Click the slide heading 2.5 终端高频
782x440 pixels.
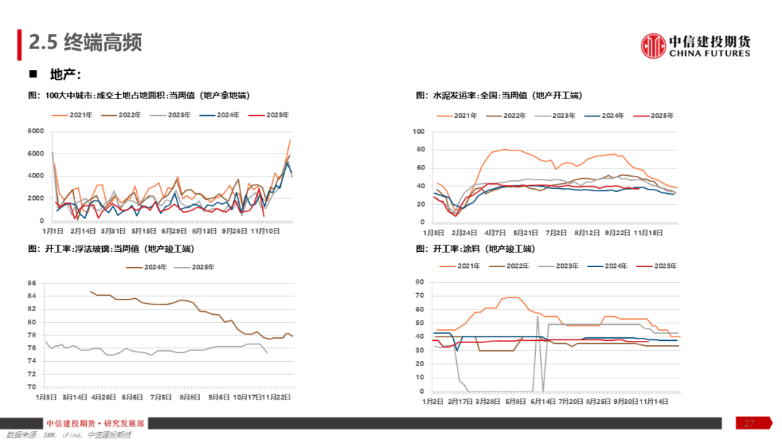coord(85,43)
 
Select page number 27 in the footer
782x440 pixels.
coord(749,423)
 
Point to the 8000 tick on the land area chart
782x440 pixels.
coord(35,131)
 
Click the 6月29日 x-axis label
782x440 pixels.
coord(175,231)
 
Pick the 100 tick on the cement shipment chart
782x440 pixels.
coord(418,132)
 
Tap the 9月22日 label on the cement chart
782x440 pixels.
coord(618,233)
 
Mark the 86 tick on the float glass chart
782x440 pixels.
coord(33,282)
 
